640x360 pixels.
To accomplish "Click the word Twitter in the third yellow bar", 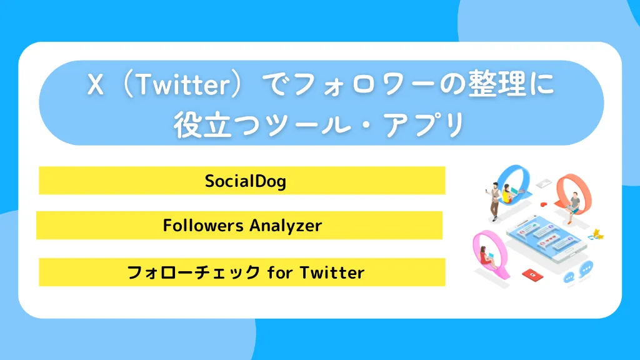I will [x=332, y=272].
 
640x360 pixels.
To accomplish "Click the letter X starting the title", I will [x=95, y=86].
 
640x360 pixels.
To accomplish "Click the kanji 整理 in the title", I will [x=500, y=86].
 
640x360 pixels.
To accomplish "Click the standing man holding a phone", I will [x=494, y=200].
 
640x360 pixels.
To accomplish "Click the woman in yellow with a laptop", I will [x=509, y=194].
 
